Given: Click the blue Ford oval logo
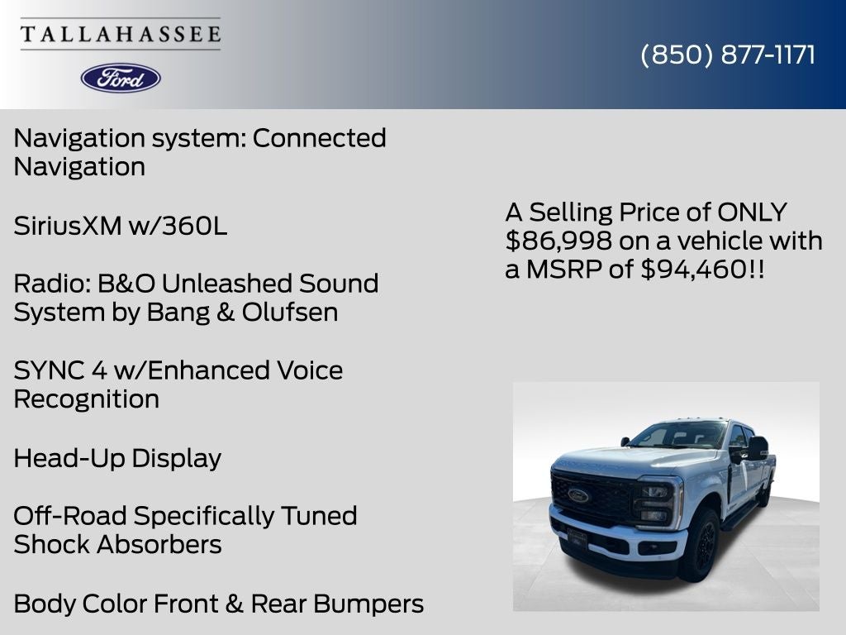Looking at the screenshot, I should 121,78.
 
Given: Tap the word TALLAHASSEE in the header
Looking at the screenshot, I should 121,34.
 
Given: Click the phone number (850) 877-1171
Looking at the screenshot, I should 728,55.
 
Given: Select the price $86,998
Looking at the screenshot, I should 559,241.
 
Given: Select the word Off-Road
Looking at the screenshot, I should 70,516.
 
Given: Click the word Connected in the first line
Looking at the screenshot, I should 319,138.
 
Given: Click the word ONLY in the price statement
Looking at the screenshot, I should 752,212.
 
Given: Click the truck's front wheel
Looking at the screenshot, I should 700,545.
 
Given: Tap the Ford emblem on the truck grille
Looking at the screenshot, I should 578,495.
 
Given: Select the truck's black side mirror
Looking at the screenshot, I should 756,448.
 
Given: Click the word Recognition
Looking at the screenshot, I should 87,399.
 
